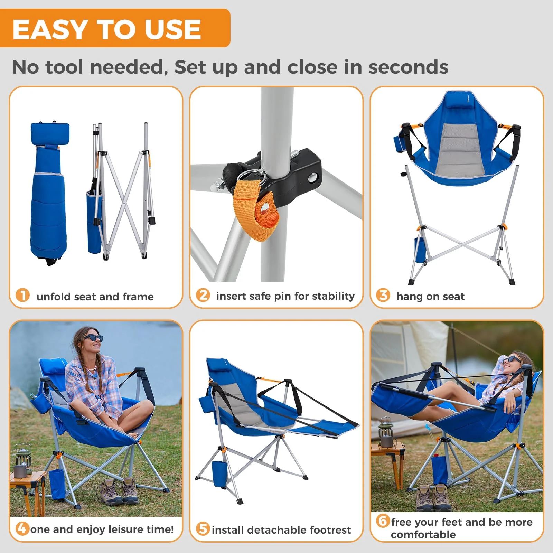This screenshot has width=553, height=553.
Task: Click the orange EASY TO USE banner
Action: click(114, 28)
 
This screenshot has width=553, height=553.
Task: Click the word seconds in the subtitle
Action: click(408, 67)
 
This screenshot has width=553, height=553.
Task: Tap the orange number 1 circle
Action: click(23, 296)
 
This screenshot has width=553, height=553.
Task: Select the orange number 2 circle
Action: click(203, 295)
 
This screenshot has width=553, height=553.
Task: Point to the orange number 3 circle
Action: click(383, 295)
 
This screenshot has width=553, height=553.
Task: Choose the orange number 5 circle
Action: click(203, 529)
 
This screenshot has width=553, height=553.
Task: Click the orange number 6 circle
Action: click(383, 521)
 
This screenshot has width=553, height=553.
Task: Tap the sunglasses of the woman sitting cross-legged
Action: click(94, 338)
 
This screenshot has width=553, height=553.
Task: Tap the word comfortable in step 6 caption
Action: click(423, 535)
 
